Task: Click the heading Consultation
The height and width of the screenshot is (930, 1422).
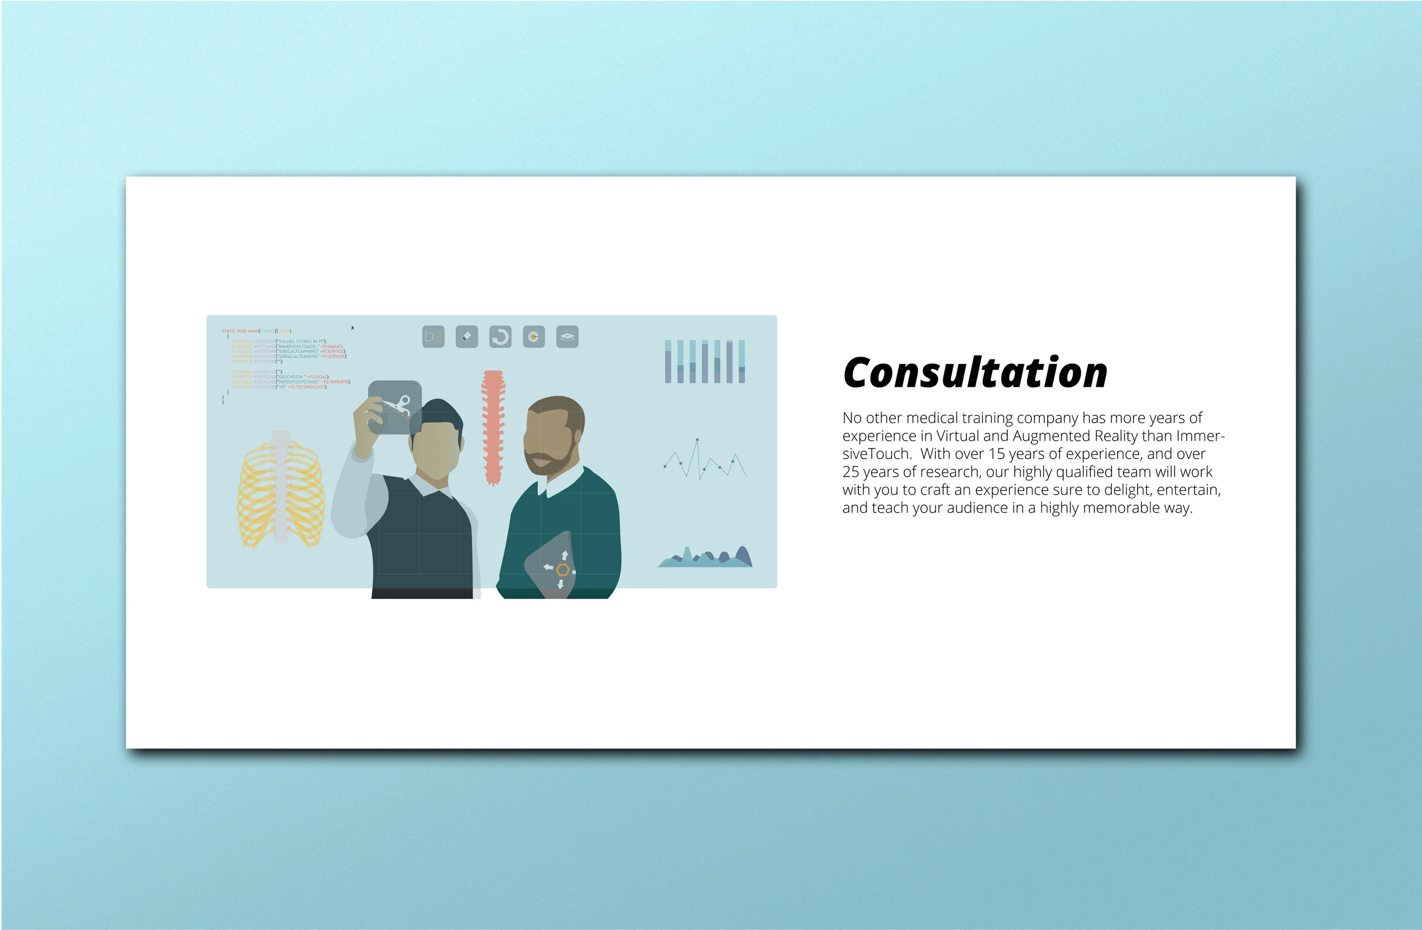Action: click(974, 373)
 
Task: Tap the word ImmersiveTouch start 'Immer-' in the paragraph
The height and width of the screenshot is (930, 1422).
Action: click(1200, 436)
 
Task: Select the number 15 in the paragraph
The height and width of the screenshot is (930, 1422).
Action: click(997, 454)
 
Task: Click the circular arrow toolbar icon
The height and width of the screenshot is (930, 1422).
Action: click(500, 337)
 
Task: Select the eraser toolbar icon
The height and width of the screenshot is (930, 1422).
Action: click(466, 337)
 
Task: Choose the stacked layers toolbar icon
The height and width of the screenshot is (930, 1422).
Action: click(567, 337)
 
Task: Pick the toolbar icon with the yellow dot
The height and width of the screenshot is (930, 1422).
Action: click(534, 337)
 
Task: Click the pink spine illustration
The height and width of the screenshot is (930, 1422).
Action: click(493, 427)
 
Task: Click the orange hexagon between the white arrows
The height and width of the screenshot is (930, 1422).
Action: click(562, 569)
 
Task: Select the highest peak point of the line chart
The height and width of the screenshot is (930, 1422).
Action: click(697, 441)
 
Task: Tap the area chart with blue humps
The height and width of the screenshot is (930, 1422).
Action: click(705, 558)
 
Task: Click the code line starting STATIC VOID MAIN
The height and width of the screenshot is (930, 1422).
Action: click(257, 331)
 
